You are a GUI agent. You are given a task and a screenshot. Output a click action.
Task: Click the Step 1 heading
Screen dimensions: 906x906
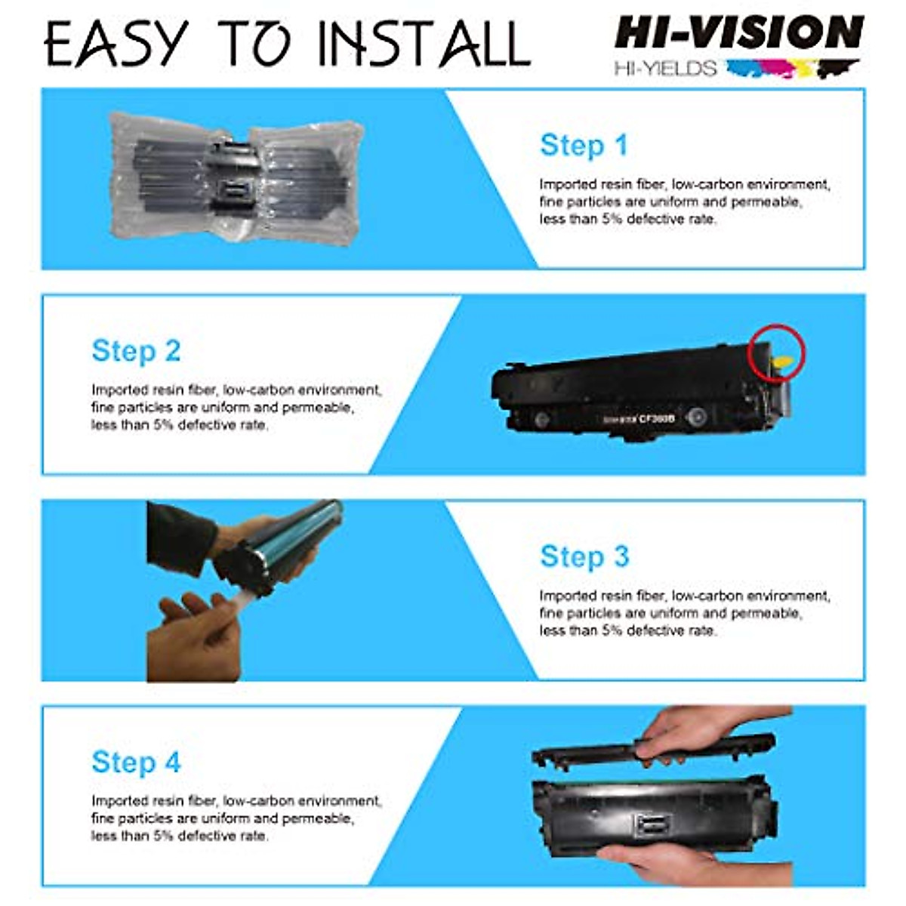pyautogui.click(x=584, y=146)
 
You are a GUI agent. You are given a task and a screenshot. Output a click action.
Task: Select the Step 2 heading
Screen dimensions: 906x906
pyautogui.click(x=136, y=351)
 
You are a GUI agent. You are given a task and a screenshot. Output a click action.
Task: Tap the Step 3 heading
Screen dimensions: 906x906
pyautogui.click(x=584, y=556)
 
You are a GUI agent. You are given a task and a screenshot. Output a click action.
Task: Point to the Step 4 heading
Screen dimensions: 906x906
pyautogui.click(x=136, y=762)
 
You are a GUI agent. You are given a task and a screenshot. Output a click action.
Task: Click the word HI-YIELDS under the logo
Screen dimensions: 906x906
pyautogui.click(x=665, y=69)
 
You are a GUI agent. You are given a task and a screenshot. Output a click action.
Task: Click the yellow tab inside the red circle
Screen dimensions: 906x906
pyautogui.click(x=783, y=364)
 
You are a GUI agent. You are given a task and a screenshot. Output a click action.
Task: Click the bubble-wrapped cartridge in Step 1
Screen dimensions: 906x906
pyautogui.click(x=236, y=178)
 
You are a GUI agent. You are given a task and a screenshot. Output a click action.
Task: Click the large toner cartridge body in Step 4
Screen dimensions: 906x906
pyautogui.click(x=649, y=812)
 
